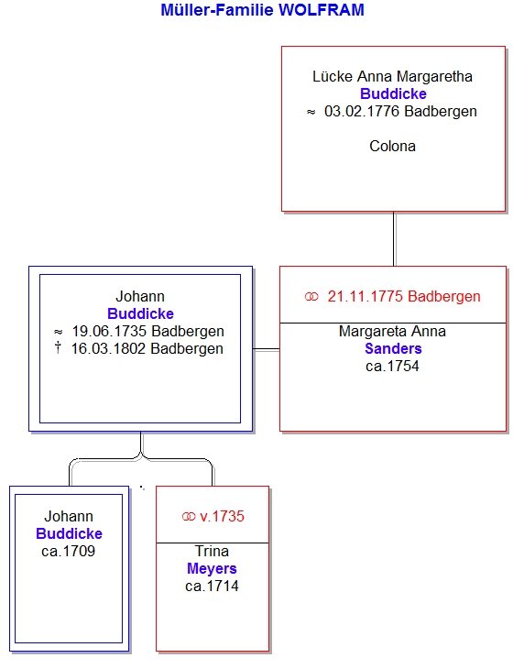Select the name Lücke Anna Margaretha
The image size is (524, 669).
pos(392,76)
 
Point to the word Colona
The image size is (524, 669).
pos(392,146)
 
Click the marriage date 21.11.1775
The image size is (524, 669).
pos(365,296)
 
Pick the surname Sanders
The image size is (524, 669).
pos(393,348)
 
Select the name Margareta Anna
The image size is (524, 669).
pos(392,331)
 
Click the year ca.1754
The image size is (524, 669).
pos(392,366)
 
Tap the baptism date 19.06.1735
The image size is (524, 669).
pos(109,331)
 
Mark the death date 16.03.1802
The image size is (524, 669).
pos(108,348)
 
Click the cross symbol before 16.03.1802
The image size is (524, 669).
pos(58,347)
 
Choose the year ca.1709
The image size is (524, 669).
pos(68,552)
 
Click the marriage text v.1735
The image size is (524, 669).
pos(222,516)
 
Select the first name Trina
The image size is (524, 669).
pos(212,551)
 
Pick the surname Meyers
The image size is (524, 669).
pos(212,568)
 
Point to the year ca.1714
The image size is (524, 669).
pos(212,587)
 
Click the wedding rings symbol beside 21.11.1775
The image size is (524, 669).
pos(311,297)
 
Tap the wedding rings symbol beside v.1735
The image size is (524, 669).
pos(189,517)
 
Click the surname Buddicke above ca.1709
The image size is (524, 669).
pos(69,533)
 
